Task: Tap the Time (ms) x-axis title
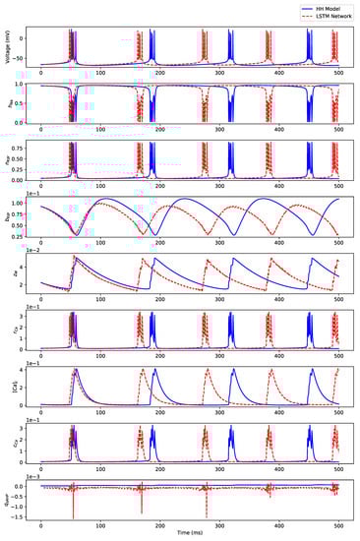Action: tap(190, 531)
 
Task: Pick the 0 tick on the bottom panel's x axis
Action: tap(40, 522)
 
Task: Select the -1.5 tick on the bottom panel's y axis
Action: tap(24, 514)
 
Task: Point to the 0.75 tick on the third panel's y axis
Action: tap(22, 150)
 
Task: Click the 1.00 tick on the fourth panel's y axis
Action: tap(22, 203)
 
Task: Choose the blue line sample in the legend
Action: tap(302, 6)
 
